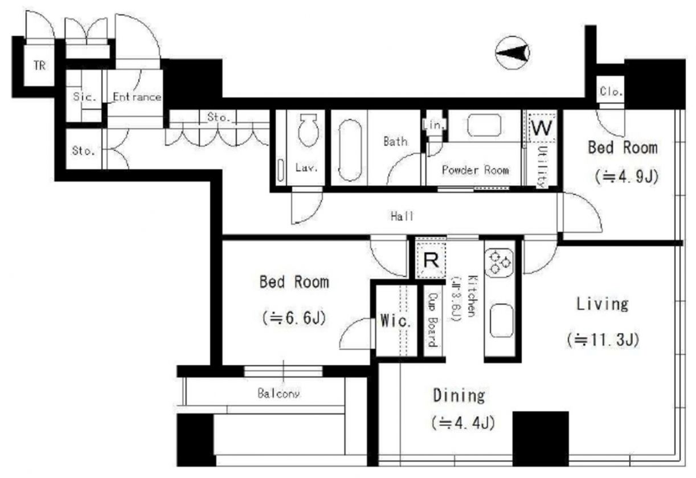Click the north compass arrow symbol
pyautogui.click(x=513, y=53)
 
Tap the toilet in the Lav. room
pyautogui.click(x=309, y=130)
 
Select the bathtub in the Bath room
pyautogui.click(x=350, y=150)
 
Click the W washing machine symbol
pyautogui.click(x=542, y=127)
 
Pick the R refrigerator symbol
pyautogui.click(x=431, y=260)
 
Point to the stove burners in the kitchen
pyautogui.click(x=500, y=263)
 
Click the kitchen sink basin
pyautogui.click(x=501, y=320)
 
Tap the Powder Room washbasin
pyautogui.click(x=484, y=125)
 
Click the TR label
pyautogui.click(x=40, y=66)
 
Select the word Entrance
pyautogui.click(x=137, y=97)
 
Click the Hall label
pyautogui.click(x=402, y=216)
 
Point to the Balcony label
pyautogui.click(x=279, y=394)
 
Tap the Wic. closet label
pyautogui.click(x=395, y=321)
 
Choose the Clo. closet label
pyautogui.click(x=611, y=91)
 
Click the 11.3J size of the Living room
pyautogui.click(x=603, y=340)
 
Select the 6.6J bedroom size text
pyautogui.click(x=294, y=318)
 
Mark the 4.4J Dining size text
pyautogui.click(x=463, y=423)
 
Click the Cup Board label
pyautogui.click(x=432, y=320)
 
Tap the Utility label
pyautogui.click(x=543, y=166)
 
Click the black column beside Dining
pyautogui.click(x=541, y=439)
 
